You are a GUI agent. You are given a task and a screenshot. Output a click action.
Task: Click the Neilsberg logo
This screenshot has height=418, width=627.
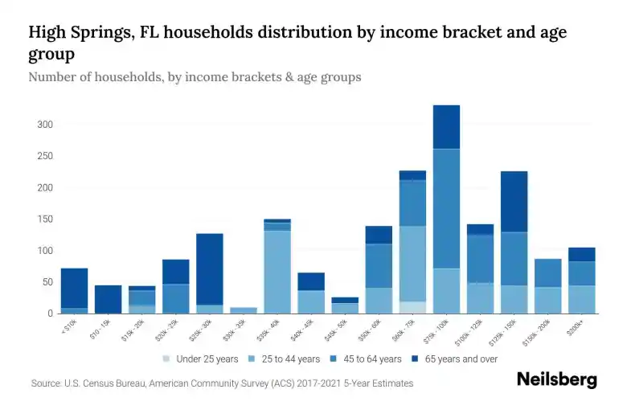pyautogui.click(x=556, y=380)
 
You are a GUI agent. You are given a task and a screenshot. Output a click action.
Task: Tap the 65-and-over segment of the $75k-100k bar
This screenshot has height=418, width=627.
pyautogui.click(x=446, y=127)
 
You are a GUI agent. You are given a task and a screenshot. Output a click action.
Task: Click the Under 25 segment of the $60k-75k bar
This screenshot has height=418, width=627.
pyautogui.click(x=412, y=308)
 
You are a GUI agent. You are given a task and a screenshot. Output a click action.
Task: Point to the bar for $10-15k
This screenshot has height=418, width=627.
pyautogui.click(x=108, y=299)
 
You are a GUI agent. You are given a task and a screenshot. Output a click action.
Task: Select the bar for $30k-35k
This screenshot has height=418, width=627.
pyautogui.click(x=244, y=310)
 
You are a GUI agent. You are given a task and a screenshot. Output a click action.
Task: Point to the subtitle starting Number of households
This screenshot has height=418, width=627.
pyautogui.click(x=195, y=78)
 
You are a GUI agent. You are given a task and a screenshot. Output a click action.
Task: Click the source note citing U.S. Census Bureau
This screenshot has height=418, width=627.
pyautogui.click(x=222, y=384)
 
